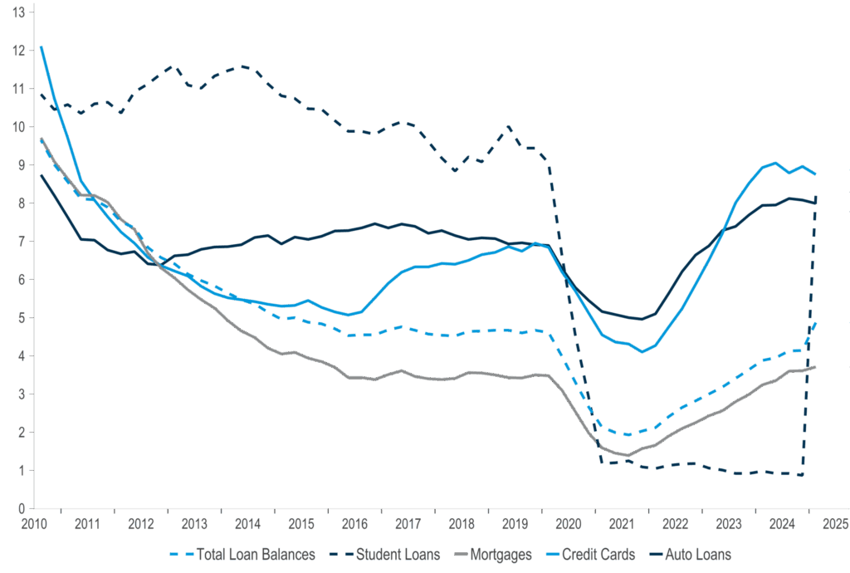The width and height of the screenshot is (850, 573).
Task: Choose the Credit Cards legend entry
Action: [x=598, y=554]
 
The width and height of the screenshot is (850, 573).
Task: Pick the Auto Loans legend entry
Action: [x=698, y=554]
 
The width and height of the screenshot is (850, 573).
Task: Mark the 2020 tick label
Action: [x=569, y=524]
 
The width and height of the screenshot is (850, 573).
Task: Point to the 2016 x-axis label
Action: [x=354, y=524]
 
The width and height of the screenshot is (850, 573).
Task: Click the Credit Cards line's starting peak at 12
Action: [x=40, y=47]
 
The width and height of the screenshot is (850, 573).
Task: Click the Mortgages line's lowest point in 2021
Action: [x=628, y=456]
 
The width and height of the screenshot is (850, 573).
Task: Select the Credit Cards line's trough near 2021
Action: [x=642, y=352]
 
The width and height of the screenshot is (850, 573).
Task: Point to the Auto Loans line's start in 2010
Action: [x=40, y=174]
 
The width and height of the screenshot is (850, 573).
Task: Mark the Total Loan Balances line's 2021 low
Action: [x=628, y=435]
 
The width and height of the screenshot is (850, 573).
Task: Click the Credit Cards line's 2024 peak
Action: [x=775, y=163]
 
